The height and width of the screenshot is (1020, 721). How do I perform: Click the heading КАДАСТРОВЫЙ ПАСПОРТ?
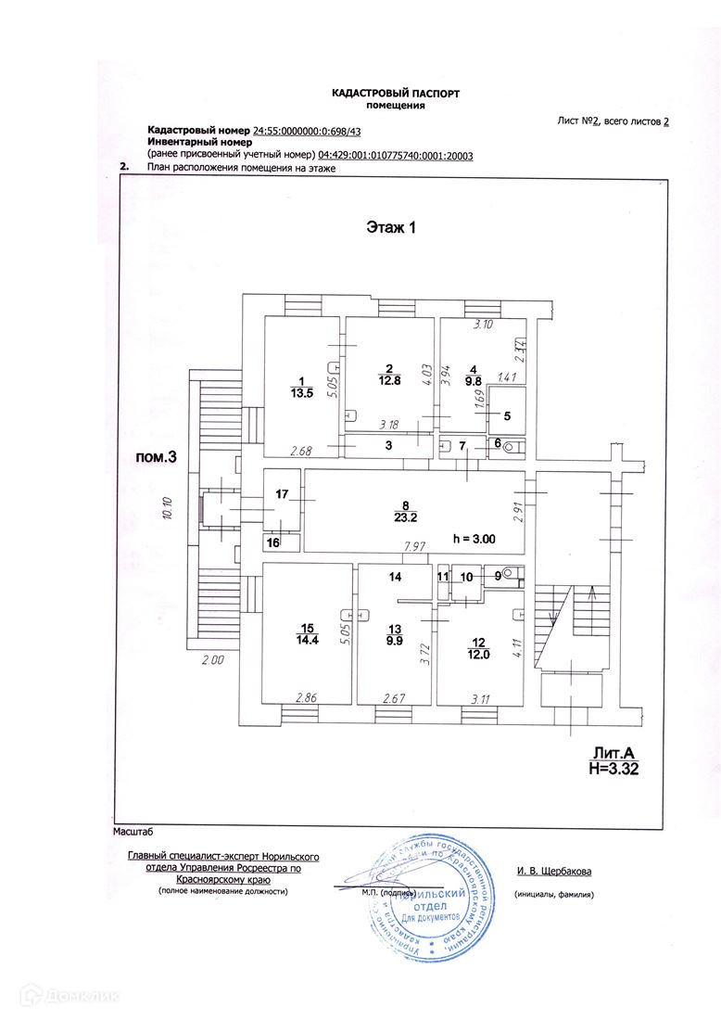pos(395,93)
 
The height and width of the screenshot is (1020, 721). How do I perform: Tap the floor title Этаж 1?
pos(388,227)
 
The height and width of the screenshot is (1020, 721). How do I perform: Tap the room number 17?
pos(281,495)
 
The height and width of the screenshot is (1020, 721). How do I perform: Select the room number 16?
pos(272,542)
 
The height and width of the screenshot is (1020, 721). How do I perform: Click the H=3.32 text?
pos(613,768)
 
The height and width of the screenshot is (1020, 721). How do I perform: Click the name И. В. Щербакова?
pos(554,871)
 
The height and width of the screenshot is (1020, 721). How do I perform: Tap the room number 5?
pos(507,415)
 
